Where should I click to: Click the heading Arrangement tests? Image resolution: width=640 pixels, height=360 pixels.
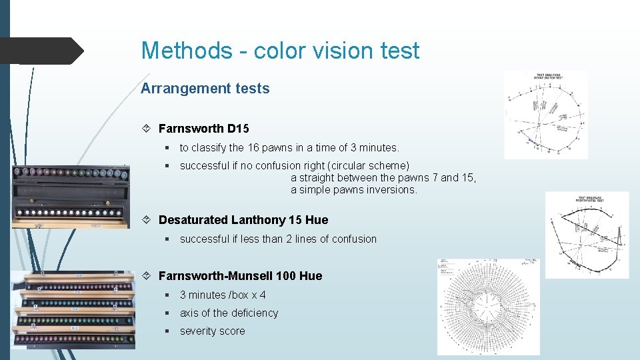(x=205, y=88)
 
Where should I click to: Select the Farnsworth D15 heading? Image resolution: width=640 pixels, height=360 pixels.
(x=203, y=128)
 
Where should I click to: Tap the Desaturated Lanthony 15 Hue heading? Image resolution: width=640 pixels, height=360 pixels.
(x=243, y=220)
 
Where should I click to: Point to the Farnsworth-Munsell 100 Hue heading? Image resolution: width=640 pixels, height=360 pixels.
(x=240, y=276)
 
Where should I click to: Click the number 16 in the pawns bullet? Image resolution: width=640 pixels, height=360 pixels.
(x=253, y=147)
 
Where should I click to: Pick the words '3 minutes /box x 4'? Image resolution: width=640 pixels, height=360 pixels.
(x=223, y=295)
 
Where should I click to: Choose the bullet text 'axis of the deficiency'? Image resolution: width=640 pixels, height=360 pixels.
(x=229, y=313)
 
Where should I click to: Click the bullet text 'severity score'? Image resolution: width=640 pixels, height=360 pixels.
(x=212, y=331)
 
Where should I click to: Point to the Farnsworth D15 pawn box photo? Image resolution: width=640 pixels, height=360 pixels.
(x=70, y=196)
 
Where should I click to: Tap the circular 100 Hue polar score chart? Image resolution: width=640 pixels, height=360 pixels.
(x=489, y=307)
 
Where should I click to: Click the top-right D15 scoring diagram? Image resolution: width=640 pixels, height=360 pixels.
(x=546, y=115)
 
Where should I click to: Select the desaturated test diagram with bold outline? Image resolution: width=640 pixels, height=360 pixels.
(x=587, y=235)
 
